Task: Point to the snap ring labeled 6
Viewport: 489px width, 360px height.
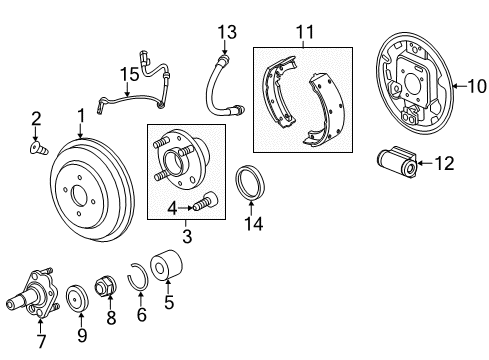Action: tap(140, 274)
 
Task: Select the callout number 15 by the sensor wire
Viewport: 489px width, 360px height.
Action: tap(126, 73)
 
